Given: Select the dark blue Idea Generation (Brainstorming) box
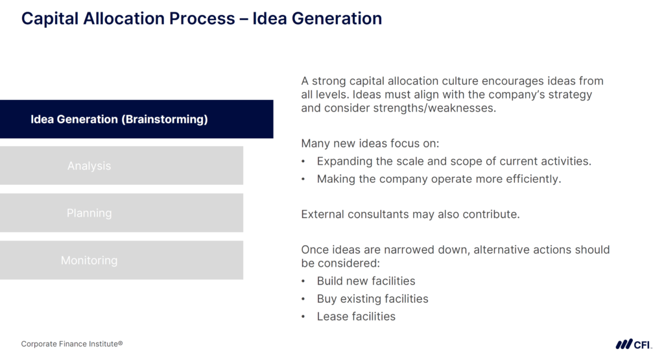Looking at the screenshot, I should click(x=136, y=119).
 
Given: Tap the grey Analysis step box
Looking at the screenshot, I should click(x=121, y=166).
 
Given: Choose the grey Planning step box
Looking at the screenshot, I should click(x=121, y=213).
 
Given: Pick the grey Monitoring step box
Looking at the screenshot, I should click(x=121, y=261).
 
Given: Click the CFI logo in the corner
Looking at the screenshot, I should click(x=634, y=344).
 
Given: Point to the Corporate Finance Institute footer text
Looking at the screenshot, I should click(x=72, y=344).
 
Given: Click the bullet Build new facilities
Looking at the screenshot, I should click(x=366, y=281).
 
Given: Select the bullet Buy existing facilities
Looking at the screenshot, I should click(x=372, y=299).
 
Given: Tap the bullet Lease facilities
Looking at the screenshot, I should click(x=356, y=317).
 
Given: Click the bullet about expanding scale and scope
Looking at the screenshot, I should click(x=454, y=161).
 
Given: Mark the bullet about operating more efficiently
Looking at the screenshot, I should click(x=438, y=179).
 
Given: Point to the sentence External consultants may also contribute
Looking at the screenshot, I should click(x=410, y=214).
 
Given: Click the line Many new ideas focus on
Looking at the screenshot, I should click(x=365, y=143).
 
